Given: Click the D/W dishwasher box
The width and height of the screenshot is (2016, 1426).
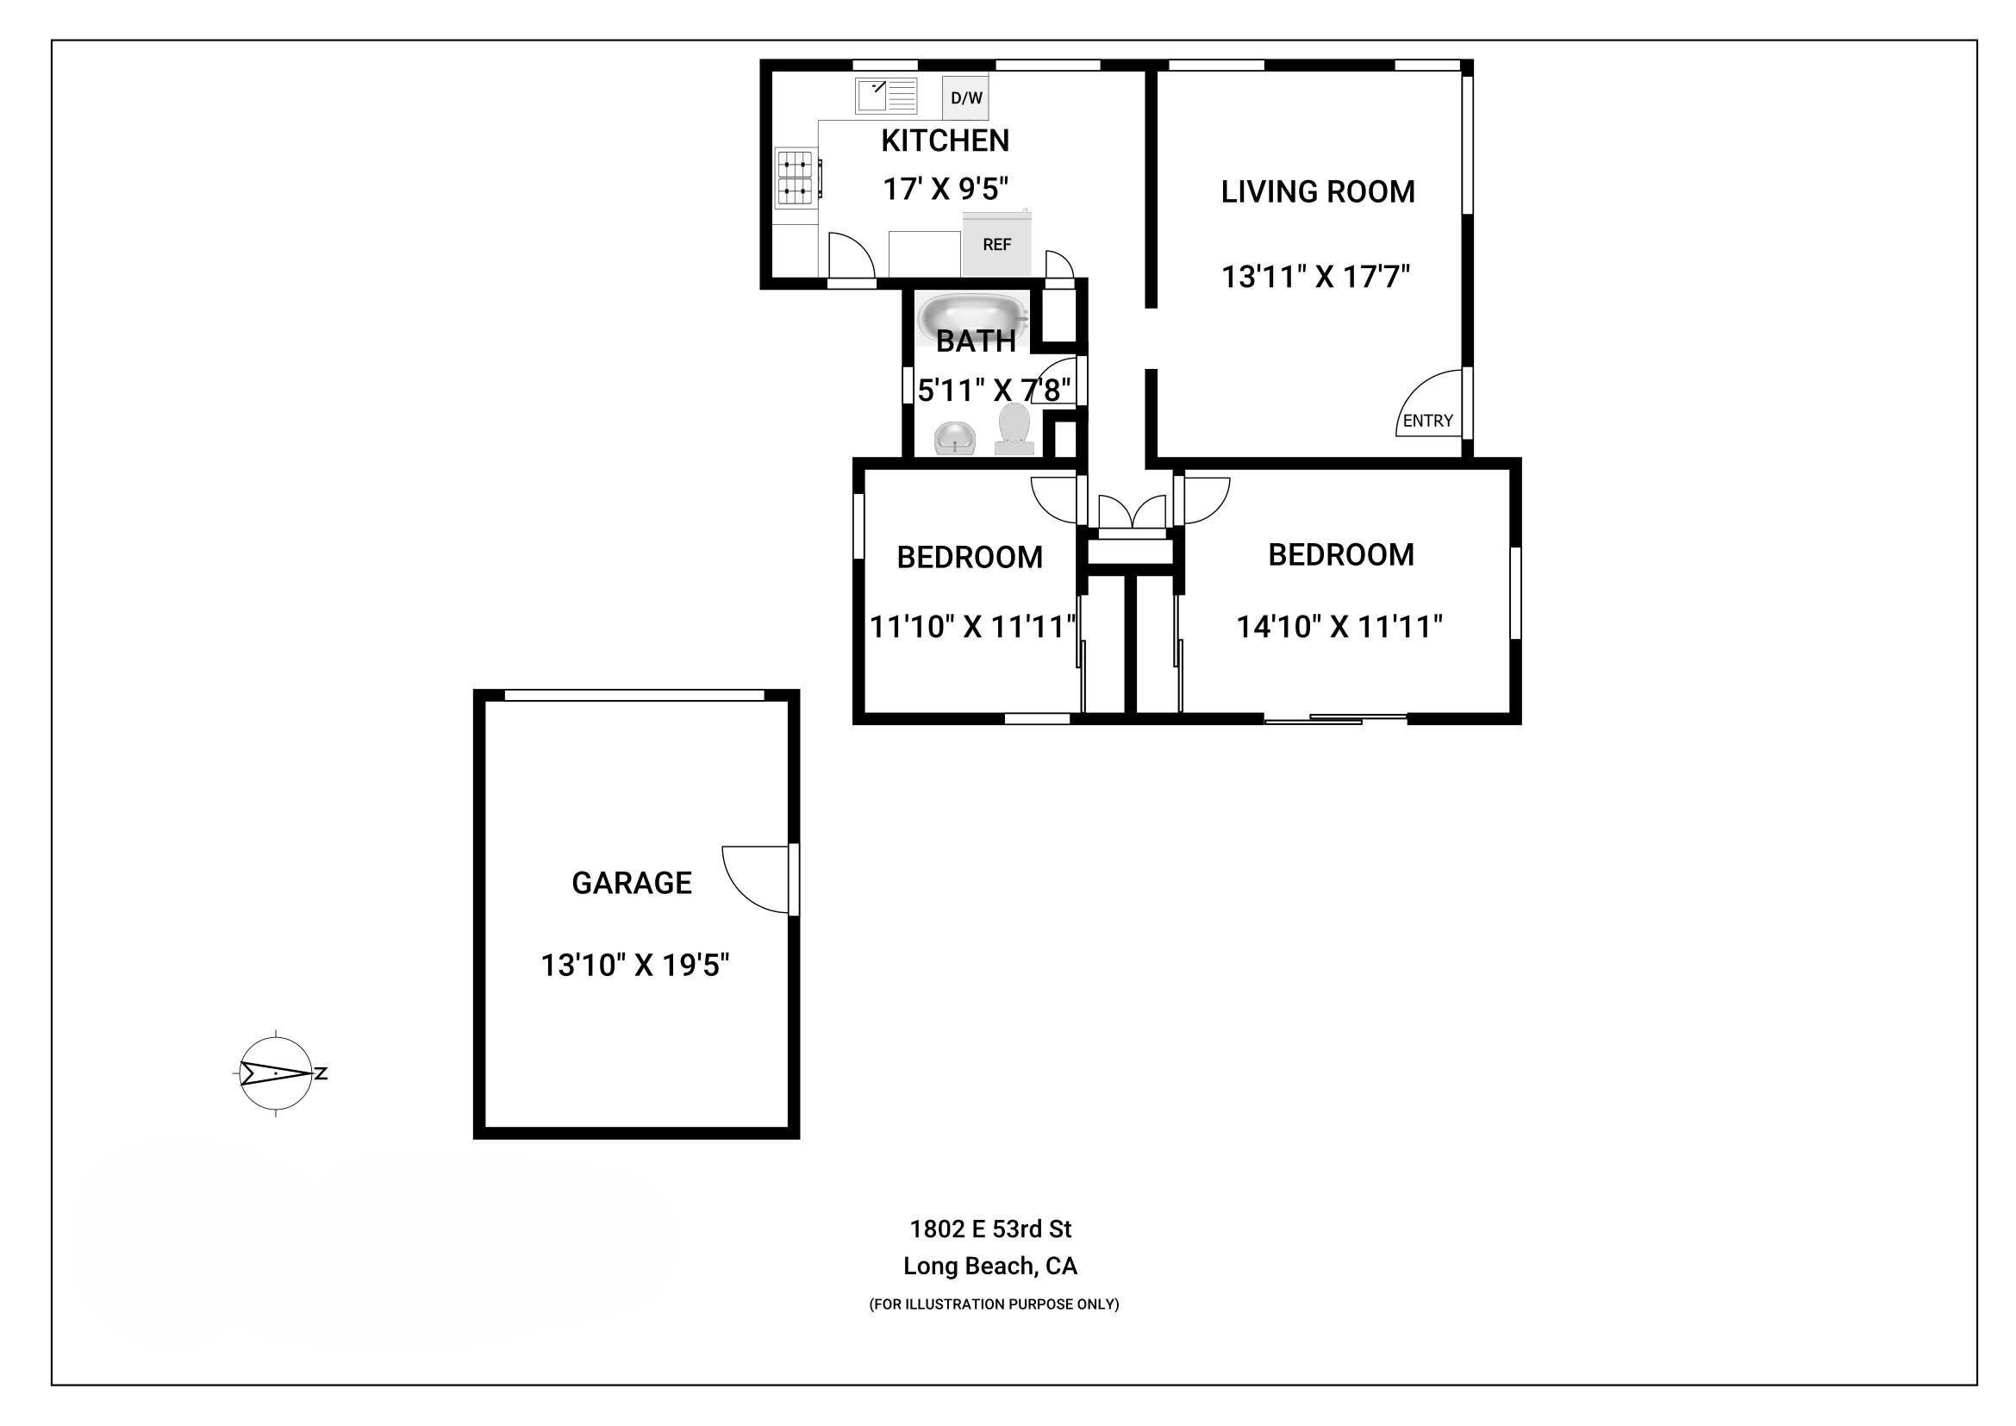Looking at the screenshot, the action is point(965,97).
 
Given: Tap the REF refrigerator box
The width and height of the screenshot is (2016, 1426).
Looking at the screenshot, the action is point(997,244).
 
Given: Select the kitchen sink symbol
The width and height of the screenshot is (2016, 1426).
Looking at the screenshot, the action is point(887,96).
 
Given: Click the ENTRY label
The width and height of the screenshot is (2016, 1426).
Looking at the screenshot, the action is point(1427,421).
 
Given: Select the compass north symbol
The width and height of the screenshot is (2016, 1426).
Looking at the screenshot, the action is point(278,1073).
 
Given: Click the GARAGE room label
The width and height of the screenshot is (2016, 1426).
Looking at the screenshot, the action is point(631,883).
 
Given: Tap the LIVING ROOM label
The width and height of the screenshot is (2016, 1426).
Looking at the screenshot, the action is point(1318,191).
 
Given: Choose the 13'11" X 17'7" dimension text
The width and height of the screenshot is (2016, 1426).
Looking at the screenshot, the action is point(1316,277).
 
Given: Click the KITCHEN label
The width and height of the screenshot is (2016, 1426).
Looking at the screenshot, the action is point(945,141).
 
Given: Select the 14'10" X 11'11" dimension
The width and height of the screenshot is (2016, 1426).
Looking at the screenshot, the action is point(1340,626).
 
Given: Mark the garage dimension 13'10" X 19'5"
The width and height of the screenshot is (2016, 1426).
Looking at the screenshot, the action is point(636,966).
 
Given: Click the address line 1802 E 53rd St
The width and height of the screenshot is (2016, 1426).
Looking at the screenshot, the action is point(990,1229).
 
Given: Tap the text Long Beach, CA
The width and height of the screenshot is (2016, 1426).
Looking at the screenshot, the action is point(990,1267).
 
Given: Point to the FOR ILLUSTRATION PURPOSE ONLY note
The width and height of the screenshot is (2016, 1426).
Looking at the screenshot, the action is point(994,1304).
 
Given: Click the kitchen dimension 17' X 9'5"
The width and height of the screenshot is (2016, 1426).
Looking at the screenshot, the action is point(946,188).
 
